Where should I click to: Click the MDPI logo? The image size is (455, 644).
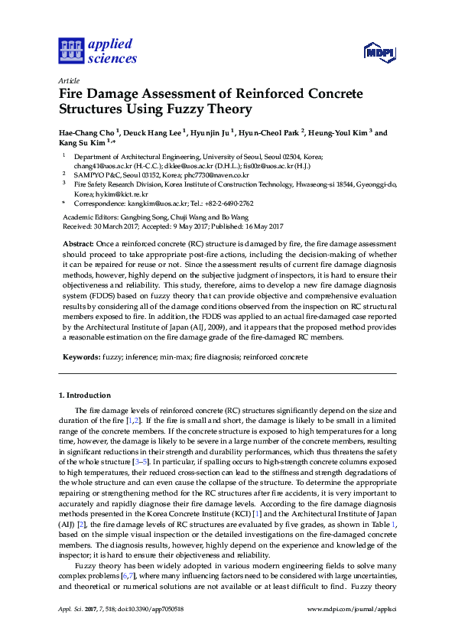coord(379,51)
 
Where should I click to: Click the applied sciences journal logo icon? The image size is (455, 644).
coord(70,50)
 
